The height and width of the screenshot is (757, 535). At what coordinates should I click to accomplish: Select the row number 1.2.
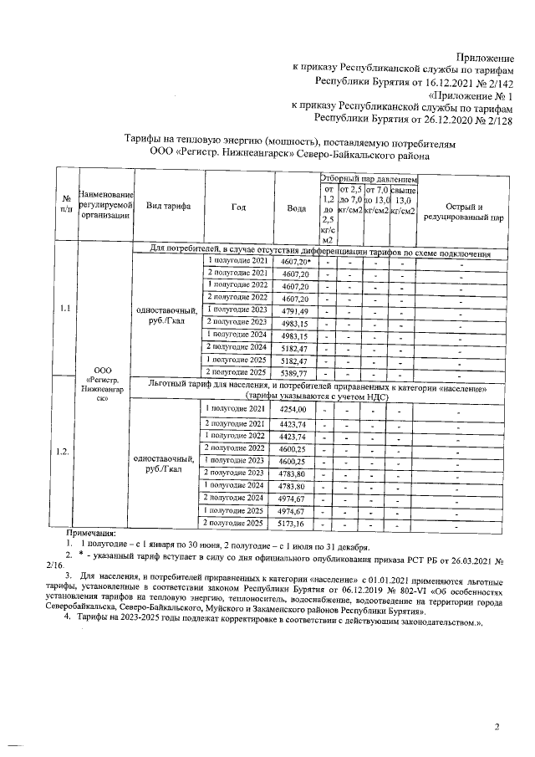[63, 453]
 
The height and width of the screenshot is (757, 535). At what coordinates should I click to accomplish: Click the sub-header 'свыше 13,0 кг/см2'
[403, 201]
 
